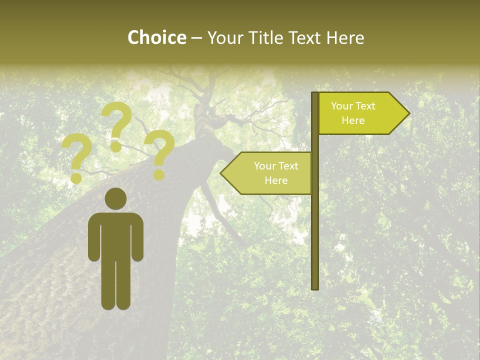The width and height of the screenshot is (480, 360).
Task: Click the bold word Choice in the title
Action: [156, 38]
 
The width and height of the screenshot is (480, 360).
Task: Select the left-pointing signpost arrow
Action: [267, 173]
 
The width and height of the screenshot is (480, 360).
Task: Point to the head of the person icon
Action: [115, 198]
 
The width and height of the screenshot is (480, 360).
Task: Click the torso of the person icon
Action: [115, 235]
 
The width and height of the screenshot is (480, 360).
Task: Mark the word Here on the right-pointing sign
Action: [353, 120]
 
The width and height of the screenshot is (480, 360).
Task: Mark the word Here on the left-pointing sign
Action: [276, 180]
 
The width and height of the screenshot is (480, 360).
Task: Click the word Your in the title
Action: [224, 38]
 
